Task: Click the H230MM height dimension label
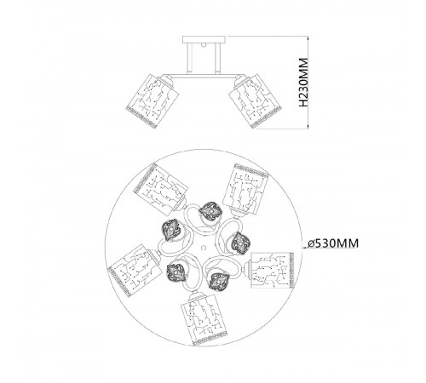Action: tap(303, 83)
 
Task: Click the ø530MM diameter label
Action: tap(333, 243)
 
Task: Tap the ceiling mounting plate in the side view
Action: tap(204, 39)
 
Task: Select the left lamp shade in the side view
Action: tap(153, 101)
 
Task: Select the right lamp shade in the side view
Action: tap(256, 101)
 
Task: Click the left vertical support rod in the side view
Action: tap(190, 59)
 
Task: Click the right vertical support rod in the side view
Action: tap(218, 59)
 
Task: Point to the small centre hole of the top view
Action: tap(204, 248)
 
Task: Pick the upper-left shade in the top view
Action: tap(161, 189)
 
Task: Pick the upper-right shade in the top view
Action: tap(246, 189)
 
